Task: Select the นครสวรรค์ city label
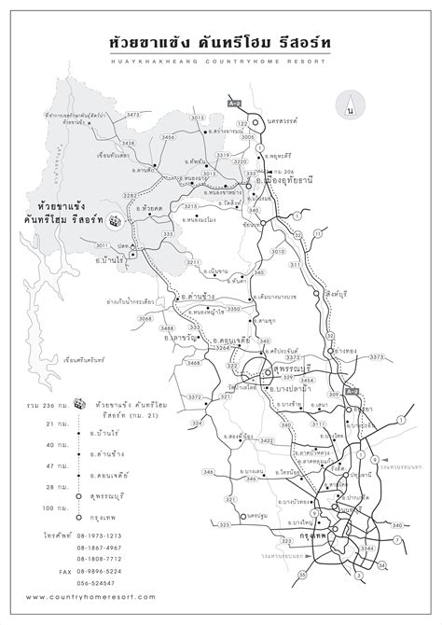pos(283,123)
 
